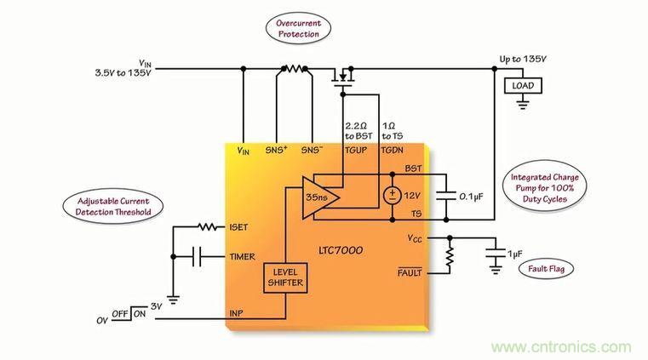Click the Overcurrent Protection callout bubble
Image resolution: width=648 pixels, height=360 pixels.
point(297,29)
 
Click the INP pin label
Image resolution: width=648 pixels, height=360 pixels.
point(238,313)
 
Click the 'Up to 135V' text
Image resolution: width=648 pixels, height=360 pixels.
point(523,60)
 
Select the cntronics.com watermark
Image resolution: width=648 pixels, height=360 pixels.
point(563,347)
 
